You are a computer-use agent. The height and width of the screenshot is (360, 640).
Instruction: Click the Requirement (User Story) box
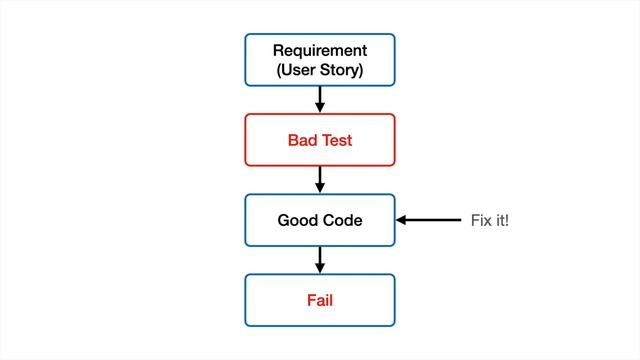point(320,59)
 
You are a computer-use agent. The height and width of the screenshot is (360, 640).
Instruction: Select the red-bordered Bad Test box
point(320,139)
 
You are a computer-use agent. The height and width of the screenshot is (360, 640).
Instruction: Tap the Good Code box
point(320,219)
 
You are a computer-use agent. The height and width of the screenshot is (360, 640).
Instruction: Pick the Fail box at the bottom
point(320,299)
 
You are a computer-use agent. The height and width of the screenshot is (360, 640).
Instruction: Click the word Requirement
point(320,50)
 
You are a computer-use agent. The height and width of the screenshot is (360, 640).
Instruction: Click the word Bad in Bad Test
point(302,139)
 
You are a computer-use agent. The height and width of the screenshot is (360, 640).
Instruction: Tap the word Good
point(297,219)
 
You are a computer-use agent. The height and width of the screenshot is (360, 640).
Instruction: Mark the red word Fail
point(320,299)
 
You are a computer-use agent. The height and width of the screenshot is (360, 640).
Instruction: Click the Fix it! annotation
point(489,219)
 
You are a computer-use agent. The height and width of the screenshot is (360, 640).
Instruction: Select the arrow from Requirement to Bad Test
point(320,99)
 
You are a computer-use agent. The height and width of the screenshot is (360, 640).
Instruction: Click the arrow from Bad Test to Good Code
point(320,179)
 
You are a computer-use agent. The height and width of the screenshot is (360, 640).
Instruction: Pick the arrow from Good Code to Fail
point(320,259)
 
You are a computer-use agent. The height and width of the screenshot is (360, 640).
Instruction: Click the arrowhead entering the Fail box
point(320,268)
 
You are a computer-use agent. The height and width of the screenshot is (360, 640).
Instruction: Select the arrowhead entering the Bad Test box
point(320,108)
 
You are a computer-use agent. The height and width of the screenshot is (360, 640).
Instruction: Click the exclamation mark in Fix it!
point(507,219)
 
